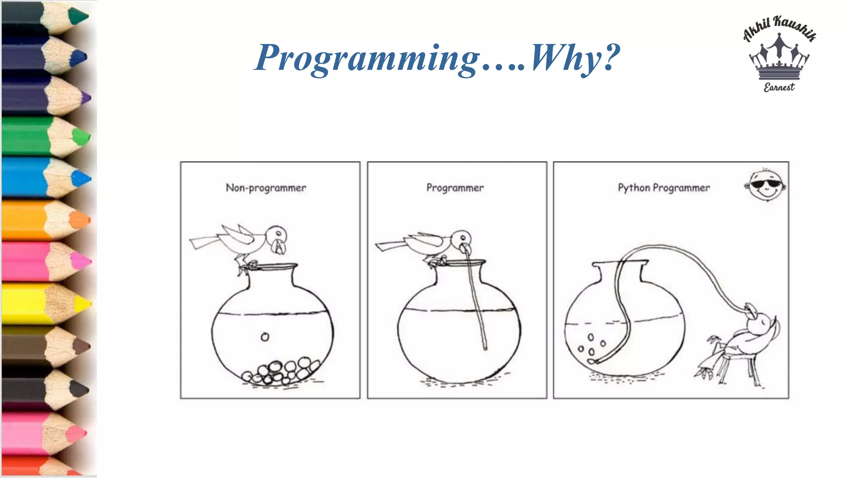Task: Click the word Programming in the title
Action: tap(367, 58)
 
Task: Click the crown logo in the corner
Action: tap(779, 58)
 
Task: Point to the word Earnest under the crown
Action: tap(779, 87)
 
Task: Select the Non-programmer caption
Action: tap(266, 188)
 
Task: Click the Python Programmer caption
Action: tap(664, 188)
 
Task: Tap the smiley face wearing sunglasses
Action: tap(767, 185)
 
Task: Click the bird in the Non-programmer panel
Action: tap(245, 243)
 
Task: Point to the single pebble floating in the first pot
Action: tap(265, 337)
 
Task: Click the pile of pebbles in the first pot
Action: tap(282, 371)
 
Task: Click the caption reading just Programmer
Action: tap(455, 188)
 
